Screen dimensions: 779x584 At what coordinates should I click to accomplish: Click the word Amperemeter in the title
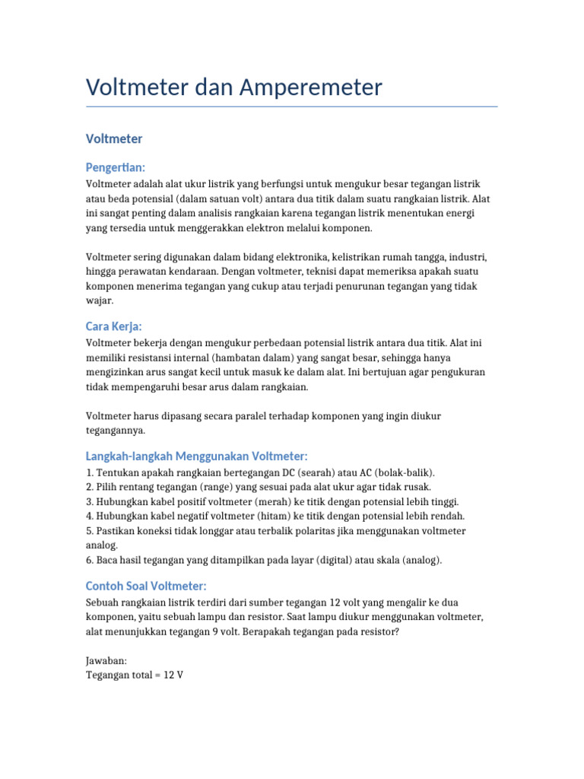[x=311, y=87]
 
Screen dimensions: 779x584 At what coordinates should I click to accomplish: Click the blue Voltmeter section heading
[x=114, y=138]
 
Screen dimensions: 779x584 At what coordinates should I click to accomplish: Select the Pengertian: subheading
[x=115, y=167]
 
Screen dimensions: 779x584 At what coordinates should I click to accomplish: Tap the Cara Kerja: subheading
[x=114, y=326]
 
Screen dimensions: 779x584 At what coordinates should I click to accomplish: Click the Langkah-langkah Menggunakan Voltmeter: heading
[x=197, y=456]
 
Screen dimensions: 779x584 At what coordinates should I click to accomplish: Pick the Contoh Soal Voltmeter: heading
[x=146, y=586]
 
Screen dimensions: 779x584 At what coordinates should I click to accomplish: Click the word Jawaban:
[x=106, y=661]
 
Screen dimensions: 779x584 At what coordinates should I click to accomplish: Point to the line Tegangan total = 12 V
[x=135, y=676]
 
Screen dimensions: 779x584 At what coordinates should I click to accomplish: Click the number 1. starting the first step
[x=90, y=472]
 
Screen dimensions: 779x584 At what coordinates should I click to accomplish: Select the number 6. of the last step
[x=90, y=560]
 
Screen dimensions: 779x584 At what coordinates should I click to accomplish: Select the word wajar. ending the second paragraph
[x=100, y=300]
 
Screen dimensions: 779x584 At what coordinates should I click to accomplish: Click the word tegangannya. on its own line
[x=115, y=431]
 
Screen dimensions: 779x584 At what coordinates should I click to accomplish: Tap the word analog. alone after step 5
[x=102, y=545]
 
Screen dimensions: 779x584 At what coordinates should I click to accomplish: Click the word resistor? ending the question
[x=378, y=632]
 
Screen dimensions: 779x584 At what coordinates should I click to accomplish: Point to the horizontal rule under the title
[x=292, y=107]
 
